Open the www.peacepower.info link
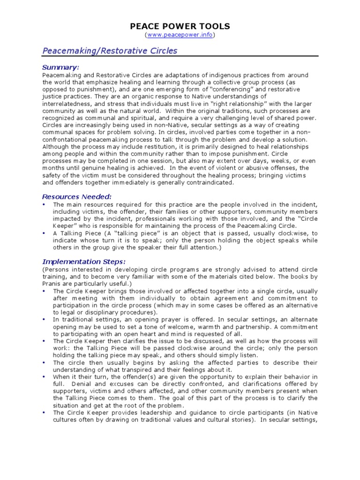[x=180, y=35]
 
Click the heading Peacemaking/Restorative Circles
[x=110, y=51]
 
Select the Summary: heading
[x=60, y=67]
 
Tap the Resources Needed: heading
[x=76, y=196]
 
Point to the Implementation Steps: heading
[x=83, y=262]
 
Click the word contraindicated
[x=210, y=182]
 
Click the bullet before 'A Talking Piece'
[x=44, y=232]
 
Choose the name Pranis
[x=52, y=284]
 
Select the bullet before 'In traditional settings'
[x=44, y=318]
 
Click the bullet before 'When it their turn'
[x=44, y=377]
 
